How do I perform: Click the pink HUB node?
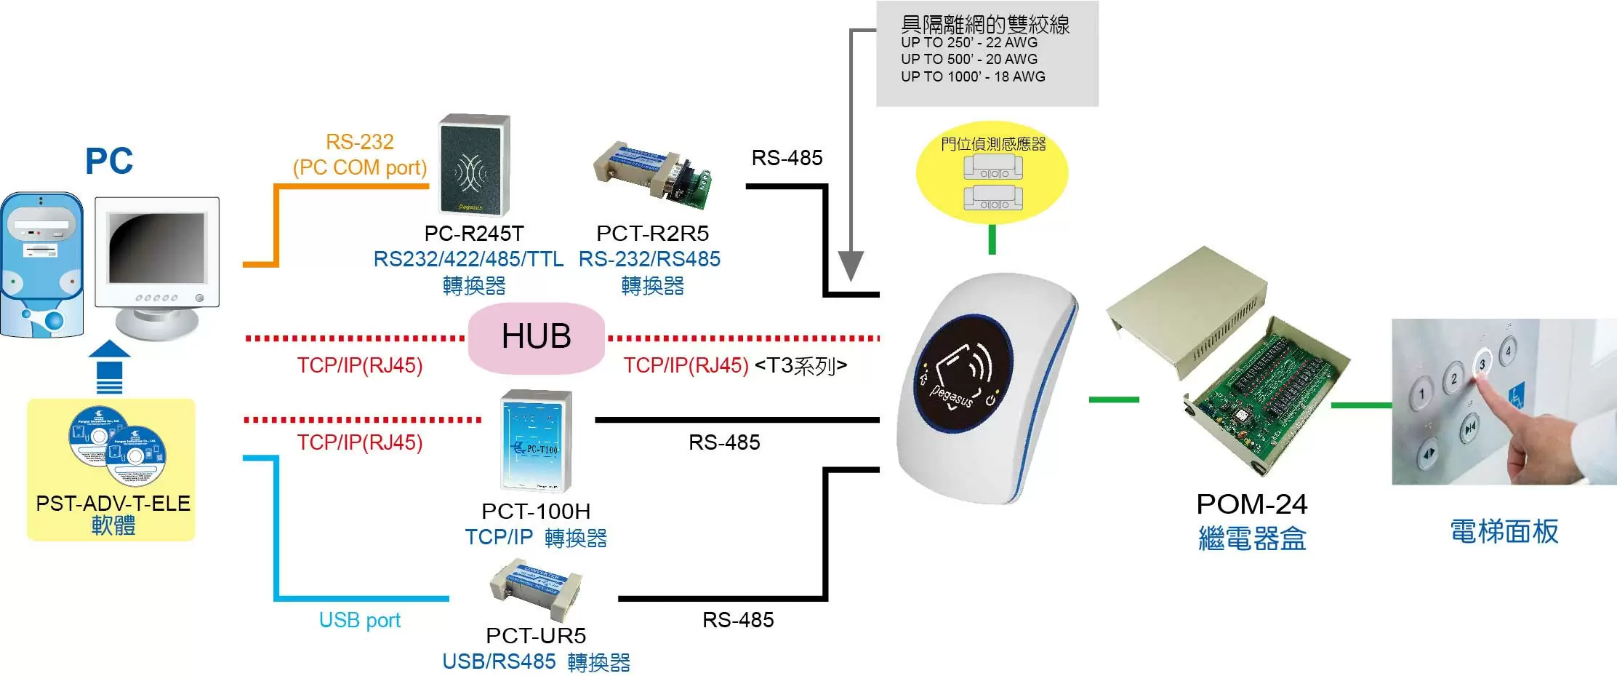tap(536, 338)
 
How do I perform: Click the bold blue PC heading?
tap(109, 161)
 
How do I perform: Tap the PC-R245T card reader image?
tap(474, 165)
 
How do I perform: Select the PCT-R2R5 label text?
tap(652, 234)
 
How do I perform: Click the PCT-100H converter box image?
tap(537, 441)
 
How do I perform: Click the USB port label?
tap(359, 620)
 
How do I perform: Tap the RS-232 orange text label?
tap(359, 142)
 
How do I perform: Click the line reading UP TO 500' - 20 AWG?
tap(968, 60)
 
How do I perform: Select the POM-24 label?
tap(1251, 504)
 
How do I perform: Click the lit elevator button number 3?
tap(1482, 363)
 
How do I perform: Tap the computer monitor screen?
tap(156, 248)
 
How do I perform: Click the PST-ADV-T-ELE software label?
tap(113, 504)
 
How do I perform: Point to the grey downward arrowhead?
tap(850, 266)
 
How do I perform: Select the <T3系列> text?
tap(801, 365)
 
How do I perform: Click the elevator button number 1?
tap(1421, 395)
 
